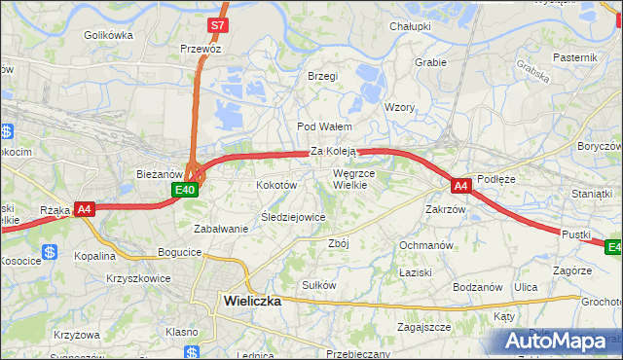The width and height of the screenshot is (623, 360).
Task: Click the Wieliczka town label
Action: pyautogui.click(x=252, y=301)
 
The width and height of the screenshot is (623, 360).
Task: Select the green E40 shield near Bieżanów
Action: pyautogui.click(x=188, y=190)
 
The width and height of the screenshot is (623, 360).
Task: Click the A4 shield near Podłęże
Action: pyautogui.click(x=461, y=184)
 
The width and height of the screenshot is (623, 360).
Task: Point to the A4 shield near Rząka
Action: pyautogui.click(x=85, y=208)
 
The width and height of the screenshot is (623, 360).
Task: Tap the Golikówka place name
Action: pyautogui.click(x=108, y=35)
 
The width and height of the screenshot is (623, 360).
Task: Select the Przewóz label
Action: pyautogui.click(x=201, y=49)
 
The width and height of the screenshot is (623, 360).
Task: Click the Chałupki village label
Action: pyautogui.click(x=410, y=26)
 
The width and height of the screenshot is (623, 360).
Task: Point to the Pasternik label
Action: pyautogui.click(x=574, y=57)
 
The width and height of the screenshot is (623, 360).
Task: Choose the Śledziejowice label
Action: pyautogui.click(x=293, y=217)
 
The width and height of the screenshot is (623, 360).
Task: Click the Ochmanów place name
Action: pyautogui.click(x=425, y=245)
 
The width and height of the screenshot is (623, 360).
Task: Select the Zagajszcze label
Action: pyautogui.click(x=423, y=328)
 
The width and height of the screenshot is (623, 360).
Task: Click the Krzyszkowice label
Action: pyautogui.click(x=138, y=278)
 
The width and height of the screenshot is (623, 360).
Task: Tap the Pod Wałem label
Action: pyautogui.click(x=324, y=126)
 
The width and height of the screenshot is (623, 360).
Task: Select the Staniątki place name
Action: pyautogui.click(x=592, y=194)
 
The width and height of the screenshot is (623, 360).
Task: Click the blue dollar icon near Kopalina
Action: pyautogui.click(x=50, y=252)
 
